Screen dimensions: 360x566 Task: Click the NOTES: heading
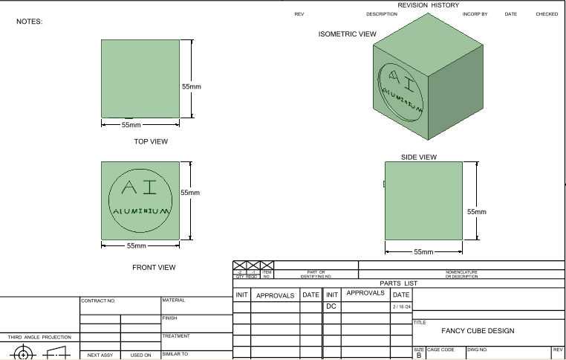[x=30, y=22]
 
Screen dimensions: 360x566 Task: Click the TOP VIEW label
[x=151, y=141]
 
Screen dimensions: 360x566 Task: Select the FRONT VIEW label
[x=154, y=267]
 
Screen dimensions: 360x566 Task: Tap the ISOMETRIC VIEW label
[x=347, y=34]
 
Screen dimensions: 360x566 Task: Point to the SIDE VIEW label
[x=419, y=157]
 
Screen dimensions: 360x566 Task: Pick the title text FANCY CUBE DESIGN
[x=478, y=331]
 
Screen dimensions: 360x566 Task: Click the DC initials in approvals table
[x=331, y=306]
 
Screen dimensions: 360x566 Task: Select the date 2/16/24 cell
[x=401, y=306]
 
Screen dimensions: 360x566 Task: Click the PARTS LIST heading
[x=399, y=283]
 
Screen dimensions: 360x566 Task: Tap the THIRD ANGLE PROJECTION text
[x=39, y=337]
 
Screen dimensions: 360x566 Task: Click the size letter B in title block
[x=418, y=356]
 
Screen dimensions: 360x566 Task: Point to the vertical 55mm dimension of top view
[x=192, y=86]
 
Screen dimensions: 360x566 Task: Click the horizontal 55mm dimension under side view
[x=423, y=252]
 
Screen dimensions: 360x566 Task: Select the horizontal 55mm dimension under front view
[x=136, y=245]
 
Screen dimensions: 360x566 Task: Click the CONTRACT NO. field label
[x=99, y=300]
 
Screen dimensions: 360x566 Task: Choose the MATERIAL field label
[x=174, y=300]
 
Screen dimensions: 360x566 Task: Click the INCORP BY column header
[x=475, y=14]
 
